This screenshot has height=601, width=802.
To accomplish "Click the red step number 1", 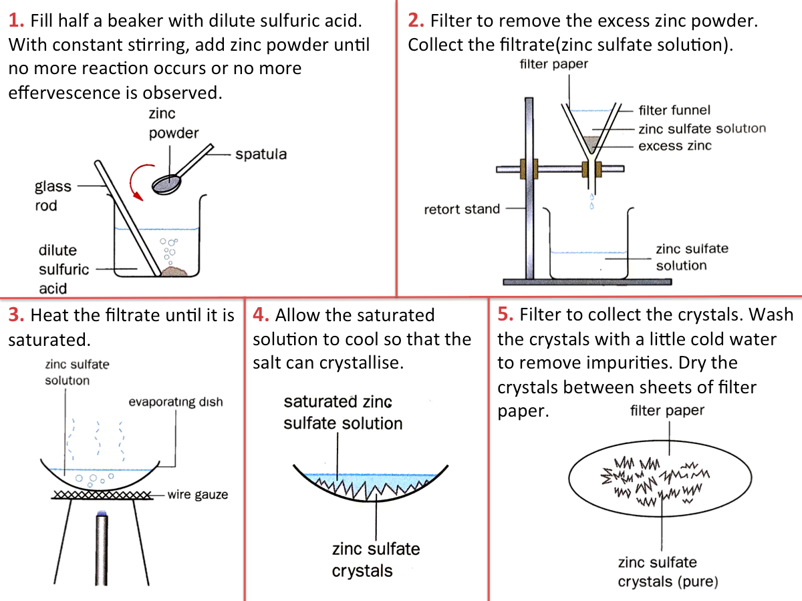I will click(17, 21).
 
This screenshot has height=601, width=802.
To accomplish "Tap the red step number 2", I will click(416, 21).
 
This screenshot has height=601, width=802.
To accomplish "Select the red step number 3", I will click(17, 315).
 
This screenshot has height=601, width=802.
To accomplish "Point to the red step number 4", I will click(261, 315).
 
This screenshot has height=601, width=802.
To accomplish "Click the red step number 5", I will click(505, 315).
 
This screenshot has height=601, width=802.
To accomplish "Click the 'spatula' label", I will click(261, 154).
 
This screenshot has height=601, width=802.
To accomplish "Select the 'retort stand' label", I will click(462, 209).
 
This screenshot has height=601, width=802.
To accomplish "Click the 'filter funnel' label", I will click(674, 110).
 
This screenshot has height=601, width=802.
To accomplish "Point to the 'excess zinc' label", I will click(675, 146).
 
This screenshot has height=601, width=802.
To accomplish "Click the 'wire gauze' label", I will click(197, 495).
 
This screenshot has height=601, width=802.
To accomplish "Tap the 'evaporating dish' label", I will click(176, 402).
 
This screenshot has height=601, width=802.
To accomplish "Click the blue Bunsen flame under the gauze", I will click(102, 513).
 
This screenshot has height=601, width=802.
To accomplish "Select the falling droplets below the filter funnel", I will click(591, 201).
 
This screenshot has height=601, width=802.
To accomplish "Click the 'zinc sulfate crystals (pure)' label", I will click(667, 572).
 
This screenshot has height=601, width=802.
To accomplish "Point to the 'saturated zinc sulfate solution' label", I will click(343, 412).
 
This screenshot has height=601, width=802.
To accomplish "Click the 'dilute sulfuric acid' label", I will click(63, 269).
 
